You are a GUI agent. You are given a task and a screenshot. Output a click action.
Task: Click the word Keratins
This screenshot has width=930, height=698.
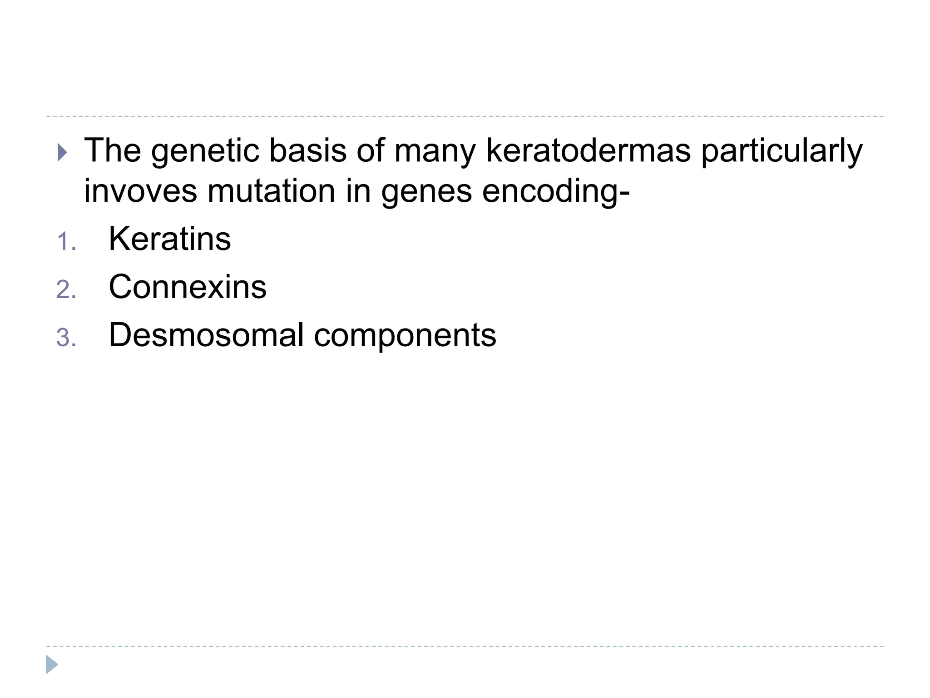point(170,239)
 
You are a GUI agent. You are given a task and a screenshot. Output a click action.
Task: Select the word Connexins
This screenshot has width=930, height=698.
point(188,287)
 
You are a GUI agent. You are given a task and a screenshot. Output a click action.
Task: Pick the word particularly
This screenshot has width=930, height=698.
point(782,152)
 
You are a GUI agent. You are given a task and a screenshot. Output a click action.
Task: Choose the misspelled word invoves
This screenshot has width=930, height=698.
point(140,191)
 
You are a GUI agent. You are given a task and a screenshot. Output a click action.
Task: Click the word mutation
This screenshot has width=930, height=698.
point(271,191)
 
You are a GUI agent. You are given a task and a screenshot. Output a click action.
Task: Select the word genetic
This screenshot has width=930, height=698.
point(205,152)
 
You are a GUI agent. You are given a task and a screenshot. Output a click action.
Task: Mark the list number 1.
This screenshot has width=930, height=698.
point(66,242)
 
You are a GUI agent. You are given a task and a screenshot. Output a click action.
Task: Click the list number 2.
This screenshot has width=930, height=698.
point(66,290)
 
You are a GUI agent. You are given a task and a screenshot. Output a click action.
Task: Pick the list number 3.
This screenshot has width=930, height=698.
point(66,338)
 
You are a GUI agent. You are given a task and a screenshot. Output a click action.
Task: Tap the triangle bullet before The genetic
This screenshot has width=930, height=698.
point(63,153)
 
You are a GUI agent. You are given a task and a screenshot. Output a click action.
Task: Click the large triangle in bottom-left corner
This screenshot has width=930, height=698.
point(52,664)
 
